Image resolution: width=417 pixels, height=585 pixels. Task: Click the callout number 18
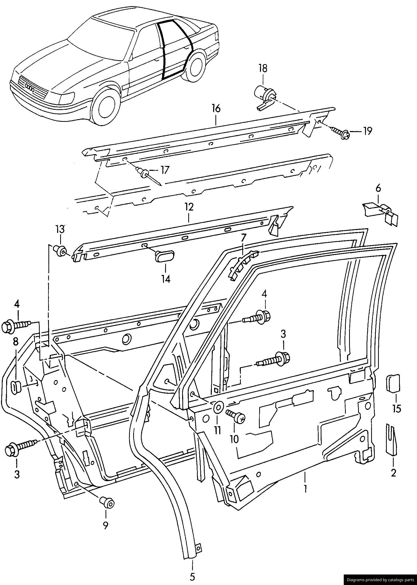coord(263,68)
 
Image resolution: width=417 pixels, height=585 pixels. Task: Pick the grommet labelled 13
coord(60,251)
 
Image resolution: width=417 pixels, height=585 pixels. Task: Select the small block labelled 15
coord(393,384)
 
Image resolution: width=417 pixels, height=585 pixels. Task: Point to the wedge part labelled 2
coord(392,439)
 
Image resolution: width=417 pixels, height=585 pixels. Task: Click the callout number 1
coord(305,489)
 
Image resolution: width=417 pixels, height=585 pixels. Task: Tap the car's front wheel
coord(106,105)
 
